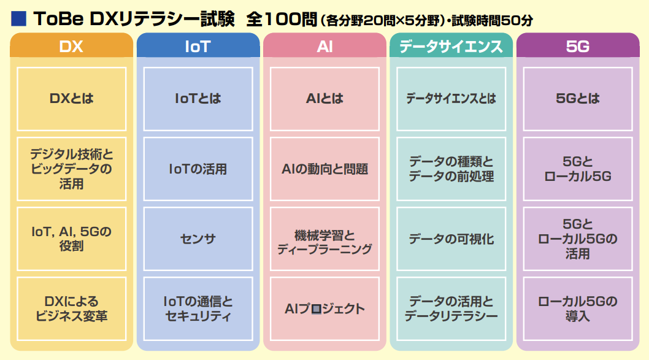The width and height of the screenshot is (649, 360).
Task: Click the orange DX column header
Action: pyautogui.click(x=71, y=46)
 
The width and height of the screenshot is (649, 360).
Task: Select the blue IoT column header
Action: pyautogui.click(x=198, y=46)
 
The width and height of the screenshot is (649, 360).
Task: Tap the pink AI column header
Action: pyautogui.click(x=324, y=46)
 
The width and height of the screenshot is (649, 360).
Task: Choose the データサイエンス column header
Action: pyautogui.click(x=451, y=46)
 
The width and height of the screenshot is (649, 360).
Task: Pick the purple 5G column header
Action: pyautogui.click(x=577, y=46)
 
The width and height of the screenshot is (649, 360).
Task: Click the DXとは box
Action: pyautogui.click(x=71, y=98)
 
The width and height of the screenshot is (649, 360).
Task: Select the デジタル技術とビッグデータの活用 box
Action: pyautogui.click(x=71, y=169)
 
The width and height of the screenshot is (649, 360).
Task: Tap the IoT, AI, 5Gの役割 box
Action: pyautogui.click(x=71, y=239)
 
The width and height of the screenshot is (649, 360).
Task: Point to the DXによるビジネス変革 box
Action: pyautogui.click(x=71, y=308)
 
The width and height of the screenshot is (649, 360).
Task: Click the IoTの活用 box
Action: pyautogui.click(x=198, y=169)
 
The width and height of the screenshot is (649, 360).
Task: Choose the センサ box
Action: pyautogui.click(x=198, y=239)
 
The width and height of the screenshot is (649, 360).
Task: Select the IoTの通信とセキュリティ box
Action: pyautogui.click(x=198, y=308)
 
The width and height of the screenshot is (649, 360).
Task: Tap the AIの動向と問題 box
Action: pyautogui.click(x=324, y=169)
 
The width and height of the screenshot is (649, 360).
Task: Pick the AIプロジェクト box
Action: pyautogui.click(x=324, y=308)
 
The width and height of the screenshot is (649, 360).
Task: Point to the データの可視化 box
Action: pyautogui.click(x=451, y=239)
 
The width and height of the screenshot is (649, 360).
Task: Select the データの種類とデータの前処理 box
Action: pyautogui.click(x=451, y=169)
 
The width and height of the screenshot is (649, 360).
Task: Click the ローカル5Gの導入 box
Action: pyautogui.click(x=577, y=308)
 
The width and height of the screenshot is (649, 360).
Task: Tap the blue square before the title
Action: pyautogui.click(x=18, y=18)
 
